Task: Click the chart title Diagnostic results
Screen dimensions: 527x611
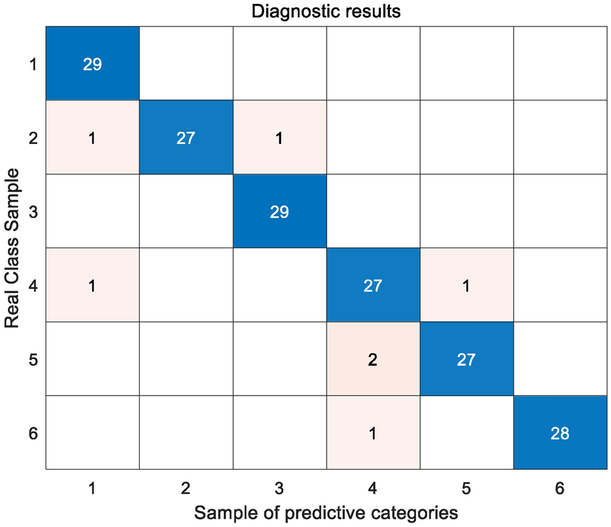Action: pyautogui.click(x=325, y=11)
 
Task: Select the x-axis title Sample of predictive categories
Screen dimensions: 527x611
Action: pyautogui.click(x=325, y=511)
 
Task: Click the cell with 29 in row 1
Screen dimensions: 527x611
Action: pyautogui.click(x=93, y=64)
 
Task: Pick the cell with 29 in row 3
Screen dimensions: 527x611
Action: pyautogui.click(x=279, y=212)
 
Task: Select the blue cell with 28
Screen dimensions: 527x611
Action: pyautogui.click(x=560, y=433)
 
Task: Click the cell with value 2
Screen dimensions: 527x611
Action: pyautogui.click(x=373, y=360)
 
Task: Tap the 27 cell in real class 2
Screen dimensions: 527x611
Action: pyautogui.click(x=186, y=138)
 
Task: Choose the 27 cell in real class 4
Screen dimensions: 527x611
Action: pyautogui.click(x=373, y=286)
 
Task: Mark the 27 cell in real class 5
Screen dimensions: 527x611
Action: pyautogui.click(x=466, y=360)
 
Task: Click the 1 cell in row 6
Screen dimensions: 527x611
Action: pyautogui.click(x=373, y=433)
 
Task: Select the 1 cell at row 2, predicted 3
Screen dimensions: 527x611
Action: pyautogui.click(x=279, y=138)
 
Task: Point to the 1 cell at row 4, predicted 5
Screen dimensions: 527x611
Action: pyautogui.click(x=466, y=286)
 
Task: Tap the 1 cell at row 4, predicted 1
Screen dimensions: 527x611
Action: pyautogui.click(x=93, y=286)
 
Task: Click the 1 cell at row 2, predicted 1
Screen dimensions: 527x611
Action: pyautogui.click(x=93, y=138)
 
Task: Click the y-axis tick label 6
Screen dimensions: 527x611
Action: pyautogui.click(x=33, y=433)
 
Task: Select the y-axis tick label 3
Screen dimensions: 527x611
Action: pyautogui.click(x=33, y=212)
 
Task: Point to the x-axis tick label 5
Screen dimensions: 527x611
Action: pyautogui.click(x=466, y=488)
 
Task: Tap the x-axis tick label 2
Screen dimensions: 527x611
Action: pyautogui.click(x=186, y=488)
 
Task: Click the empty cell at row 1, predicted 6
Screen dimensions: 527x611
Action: pyautogui.click(x=560, y=64)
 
